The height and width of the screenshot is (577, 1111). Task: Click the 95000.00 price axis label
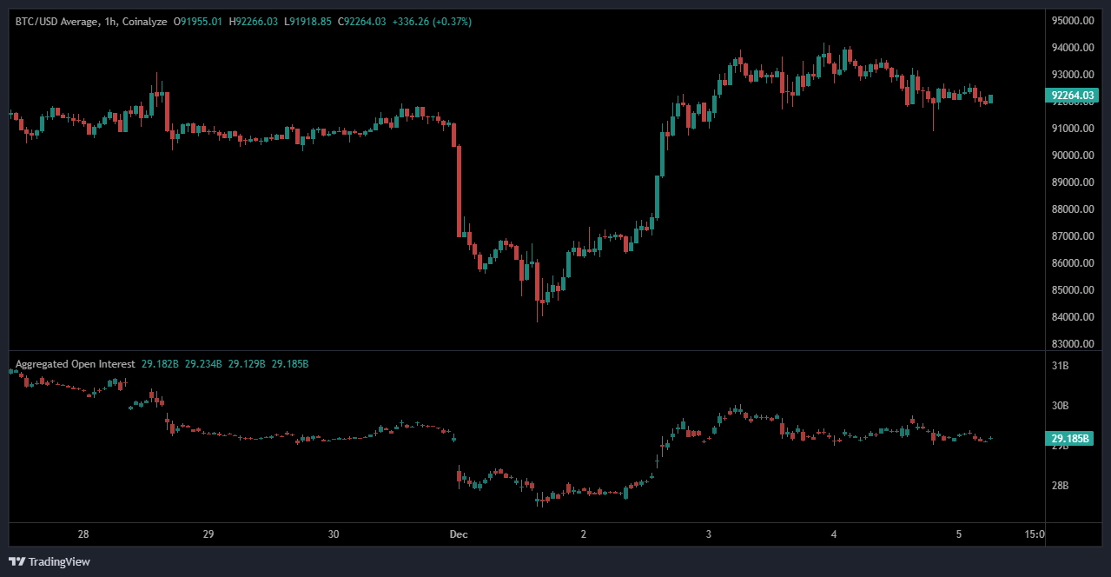click(1070, 21)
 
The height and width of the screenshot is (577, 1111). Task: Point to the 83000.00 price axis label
click(1070, 343)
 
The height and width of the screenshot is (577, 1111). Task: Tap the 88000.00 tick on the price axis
click(1070, 209)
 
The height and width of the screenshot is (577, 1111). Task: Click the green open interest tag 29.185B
click(1070, 439)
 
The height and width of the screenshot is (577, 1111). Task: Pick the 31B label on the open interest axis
click(1060, 367)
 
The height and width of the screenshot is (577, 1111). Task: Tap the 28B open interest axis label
click(1060, 486)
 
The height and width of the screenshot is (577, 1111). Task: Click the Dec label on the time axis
click(459, 534)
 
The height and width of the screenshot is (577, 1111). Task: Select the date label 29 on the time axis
click(208, 534)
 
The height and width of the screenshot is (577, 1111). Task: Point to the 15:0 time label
click(1035, 534)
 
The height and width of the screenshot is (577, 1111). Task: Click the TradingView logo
click(50, 561)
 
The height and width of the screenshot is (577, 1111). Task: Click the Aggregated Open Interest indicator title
click(75, 364)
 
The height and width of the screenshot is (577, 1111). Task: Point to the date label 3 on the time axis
click(709, 534)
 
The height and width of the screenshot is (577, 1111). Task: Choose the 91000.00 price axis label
click(1070, 129)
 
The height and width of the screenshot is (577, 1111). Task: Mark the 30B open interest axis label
click(1060, 406)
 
